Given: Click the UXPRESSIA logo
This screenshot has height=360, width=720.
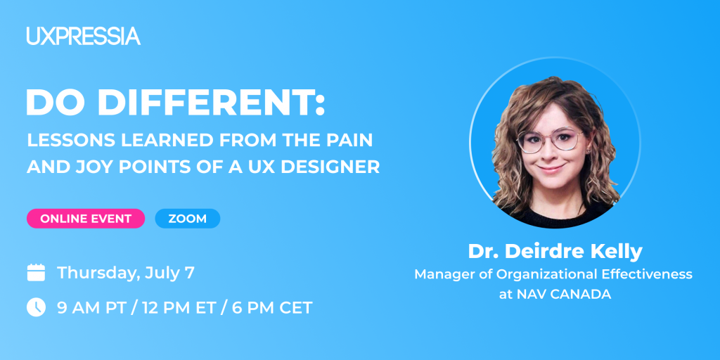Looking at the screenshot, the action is point(83,36).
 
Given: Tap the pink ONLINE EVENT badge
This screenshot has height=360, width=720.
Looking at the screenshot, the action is point(86,219).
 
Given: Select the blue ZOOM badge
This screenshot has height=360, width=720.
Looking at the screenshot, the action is point(187,219).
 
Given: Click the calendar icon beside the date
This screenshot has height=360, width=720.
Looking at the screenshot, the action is point(36,272).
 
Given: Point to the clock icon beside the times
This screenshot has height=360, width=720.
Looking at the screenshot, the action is point(36,307).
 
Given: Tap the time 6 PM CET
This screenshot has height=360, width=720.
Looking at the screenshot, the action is point(272,308).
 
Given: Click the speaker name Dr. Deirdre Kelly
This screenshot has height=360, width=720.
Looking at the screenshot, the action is point(555,251).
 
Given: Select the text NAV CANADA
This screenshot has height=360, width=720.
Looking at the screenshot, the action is point(564,295).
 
